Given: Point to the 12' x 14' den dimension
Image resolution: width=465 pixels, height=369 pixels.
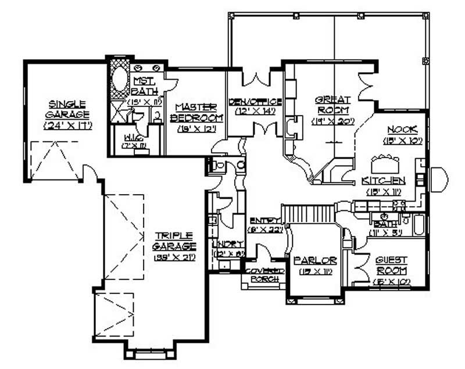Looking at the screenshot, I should pos(255,112).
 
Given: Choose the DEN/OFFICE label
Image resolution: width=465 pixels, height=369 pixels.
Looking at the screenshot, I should pos(255,102).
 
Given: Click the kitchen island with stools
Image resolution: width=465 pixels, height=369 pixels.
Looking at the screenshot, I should pos(385,160).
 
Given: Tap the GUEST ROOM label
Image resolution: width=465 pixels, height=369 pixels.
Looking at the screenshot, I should pos(391,266).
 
